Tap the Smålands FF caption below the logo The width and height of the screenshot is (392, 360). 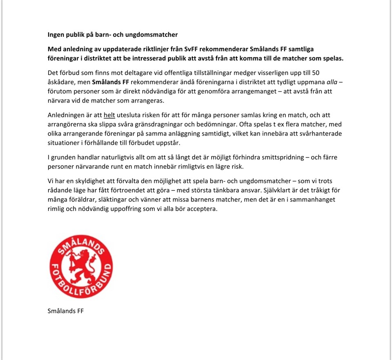[66, 311]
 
